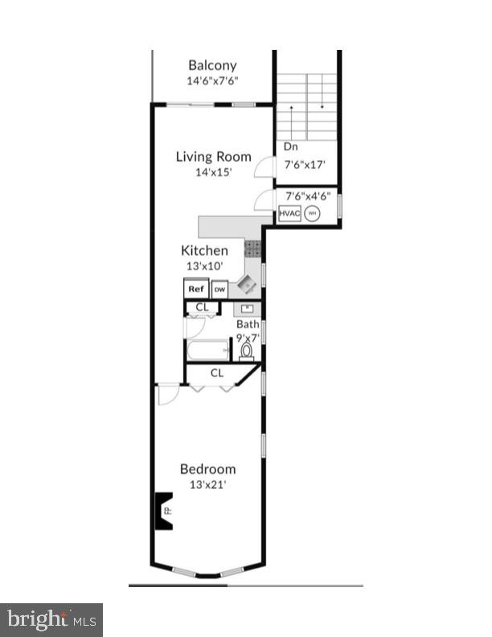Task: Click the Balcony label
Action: coord(212,65)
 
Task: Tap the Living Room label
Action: coord(213,157)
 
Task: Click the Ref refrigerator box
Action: coord(195,289)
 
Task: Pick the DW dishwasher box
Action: coord(219,290)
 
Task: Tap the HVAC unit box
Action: coord(289,213)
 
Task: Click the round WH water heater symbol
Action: coord(312,213)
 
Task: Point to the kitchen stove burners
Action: coord(252,249)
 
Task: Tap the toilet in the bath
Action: coord(248,350)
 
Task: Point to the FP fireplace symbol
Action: coord(164,510)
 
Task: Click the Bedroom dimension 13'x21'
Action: coord(207,484)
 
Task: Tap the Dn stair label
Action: coord(290,147)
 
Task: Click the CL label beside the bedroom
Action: coord(217,373)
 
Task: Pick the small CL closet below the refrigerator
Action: coord(203,307)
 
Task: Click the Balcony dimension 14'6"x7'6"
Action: coord(212,80)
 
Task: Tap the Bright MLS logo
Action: coord(51,619)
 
